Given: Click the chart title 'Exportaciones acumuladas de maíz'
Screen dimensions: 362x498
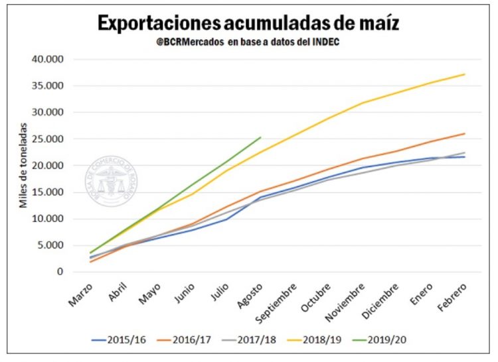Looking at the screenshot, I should click(x=248, y=23).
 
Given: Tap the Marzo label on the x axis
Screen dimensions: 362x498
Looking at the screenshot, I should click(x=82, y=296).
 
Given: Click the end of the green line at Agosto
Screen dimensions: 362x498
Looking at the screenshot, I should click(x=261, y=137).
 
